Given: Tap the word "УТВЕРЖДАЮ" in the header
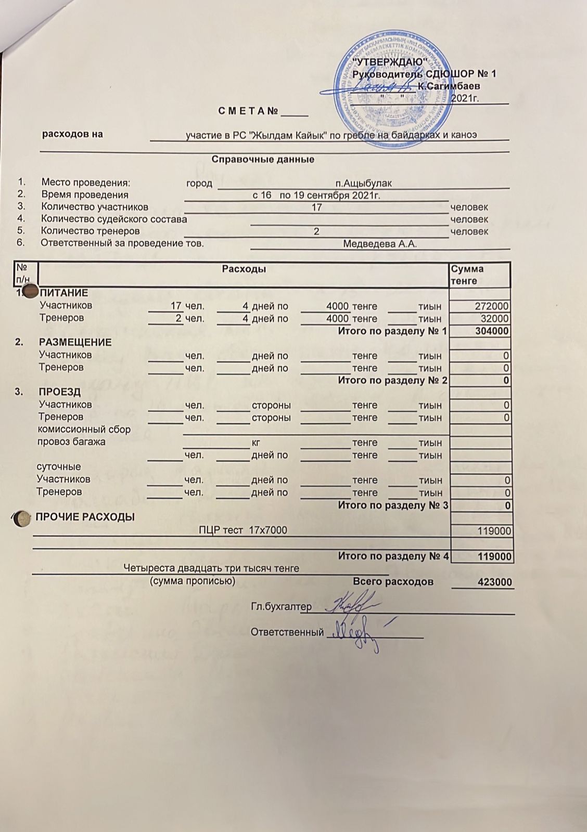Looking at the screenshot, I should click(x=390, y=62).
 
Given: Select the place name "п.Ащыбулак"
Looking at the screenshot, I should click(x=363, y=183).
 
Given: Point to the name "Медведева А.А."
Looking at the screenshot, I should click(x=380, y=244).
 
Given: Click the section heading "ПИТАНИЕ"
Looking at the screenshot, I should click(x=64, y=293).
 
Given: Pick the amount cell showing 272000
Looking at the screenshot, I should click(x=492, y=306).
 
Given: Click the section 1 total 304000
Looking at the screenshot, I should click(x=492, y=331).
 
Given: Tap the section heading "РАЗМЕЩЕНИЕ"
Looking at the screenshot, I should click(x=75, y=342).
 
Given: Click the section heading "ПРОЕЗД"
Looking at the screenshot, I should click(x=60, y=392).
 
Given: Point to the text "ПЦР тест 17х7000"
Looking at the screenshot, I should click(x=243, y=530).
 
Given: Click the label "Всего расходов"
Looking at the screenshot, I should click(x=393, y=581).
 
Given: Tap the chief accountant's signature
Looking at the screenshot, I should click(x=351, y=605).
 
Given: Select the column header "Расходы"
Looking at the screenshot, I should click(x=244, y=269).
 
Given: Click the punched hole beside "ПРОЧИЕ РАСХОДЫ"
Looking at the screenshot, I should click(x=21, y=518).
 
